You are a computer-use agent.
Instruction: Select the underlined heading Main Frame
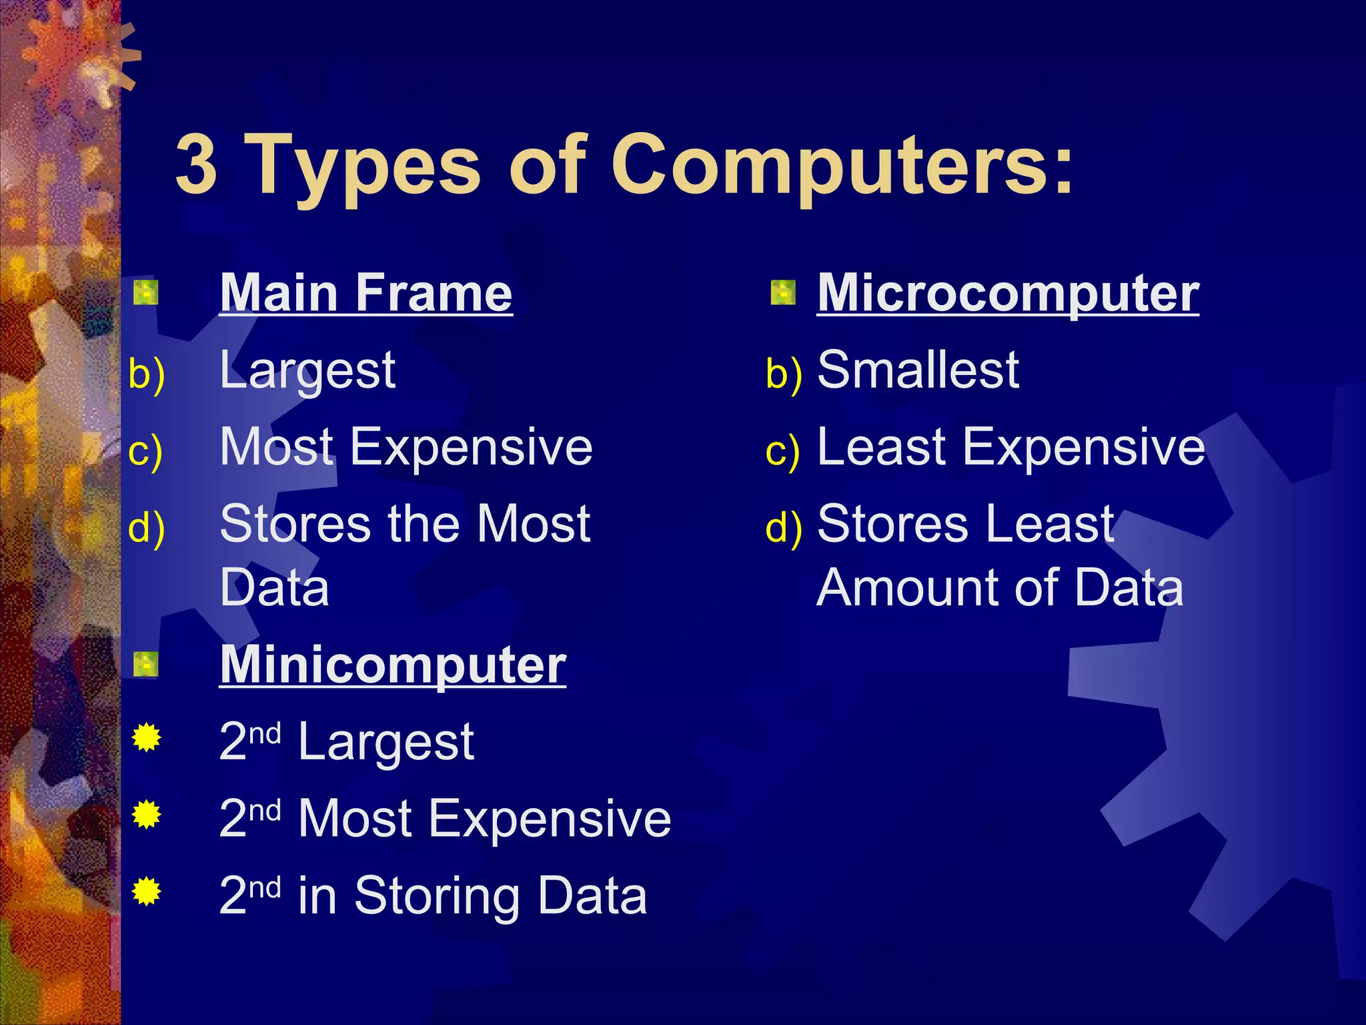tap(366, 293)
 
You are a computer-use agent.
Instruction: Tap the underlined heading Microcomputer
tap(1008, 293)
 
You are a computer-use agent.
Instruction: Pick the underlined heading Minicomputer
tap(393, 665)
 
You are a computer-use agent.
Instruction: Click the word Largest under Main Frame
tap(307, 370)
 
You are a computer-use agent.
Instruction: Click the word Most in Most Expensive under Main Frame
tap(277, 446)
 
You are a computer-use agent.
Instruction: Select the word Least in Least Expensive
tap(881, 446)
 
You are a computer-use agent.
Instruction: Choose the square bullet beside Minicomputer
tap(145, 665)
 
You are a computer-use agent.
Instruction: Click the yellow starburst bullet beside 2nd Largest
tap(146, 738)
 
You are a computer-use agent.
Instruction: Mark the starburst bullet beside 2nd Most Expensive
tap(146, 815)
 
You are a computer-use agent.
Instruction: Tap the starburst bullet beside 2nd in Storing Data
tap(146, 892)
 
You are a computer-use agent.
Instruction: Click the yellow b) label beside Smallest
tap(784, 373)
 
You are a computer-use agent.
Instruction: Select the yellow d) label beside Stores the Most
tap(146, 527)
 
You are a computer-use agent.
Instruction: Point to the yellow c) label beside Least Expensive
tap(782, 450)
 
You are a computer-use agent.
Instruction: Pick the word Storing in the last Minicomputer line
tap(438, 896)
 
